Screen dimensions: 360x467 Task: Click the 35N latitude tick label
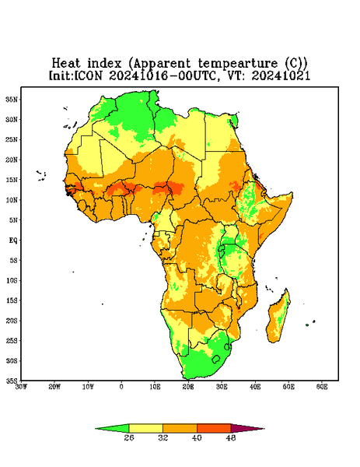click(x=12, y=99)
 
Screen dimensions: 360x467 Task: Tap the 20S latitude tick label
click(x=12, y=321)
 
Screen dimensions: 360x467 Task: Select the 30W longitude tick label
click(x=22, y=387)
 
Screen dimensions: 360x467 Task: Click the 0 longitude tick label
click(x=121, y=387)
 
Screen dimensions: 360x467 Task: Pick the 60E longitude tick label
click(x=322, y=387)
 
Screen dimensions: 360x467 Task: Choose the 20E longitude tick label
click(x=188, y=387)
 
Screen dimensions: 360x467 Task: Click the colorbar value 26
click(x=129, y=437)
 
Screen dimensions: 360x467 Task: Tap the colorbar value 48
click(x=231, y=437)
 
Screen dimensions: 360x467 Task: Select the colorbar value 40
click(x=197, y=437)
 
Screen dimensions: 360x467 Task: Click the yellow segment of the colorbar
click(x=145, y=428)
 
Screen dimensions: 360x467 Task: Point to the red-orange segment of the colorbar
click(x=214, y=428)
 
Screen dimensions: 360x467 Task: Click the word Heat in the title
click(x=66, y=63)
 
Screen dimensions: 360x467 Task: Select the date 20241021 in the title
click(x=281, y=75)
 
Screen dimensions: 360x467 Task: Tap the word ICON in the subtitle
click(x=88, y=75)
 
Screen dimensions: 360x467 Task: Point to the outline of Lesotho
click(x=216, y=359)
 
